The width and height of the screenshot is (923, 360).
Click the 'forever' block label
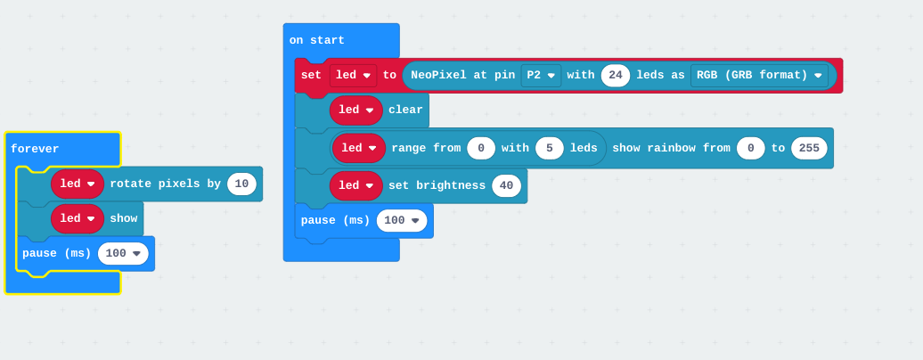tap(35, 149)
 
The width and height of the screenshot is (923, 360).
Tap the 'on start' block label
tap(316, 41)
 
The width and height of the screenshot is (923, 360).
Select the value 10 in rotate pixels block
tap(241, 184)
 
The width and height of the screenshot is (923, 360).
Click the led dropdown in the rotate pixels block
tap(78, 184)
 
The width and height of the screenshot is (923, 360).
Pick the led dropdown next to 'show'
tap(78, 218)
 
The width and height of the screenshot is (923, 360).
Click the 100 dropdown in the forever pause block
tap(123, 253)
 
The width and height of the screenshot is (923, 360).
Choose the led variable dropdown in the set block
tap(353, 76)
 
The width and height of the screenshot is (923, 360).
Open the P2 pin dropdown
tap(541, 76)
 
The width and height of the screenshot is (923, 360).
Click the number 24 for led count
tap(616, 76)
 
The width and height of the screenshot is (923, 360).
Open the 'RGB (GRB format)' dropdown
tap(759, 76)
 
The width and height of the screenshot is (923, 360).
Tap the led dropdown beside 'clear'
tap(356, 110)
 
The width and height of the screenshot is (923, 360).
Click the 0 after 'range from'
tap(481, 148)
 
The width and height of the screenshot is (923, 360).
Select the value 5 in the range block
tap(550, 148)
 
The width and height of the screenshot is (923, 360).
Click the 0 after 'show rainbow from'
tap(751, 148)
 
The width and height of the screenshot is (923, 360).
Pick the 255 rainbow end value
tap(809, 148)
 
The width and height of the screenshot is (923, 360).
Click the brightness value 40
tap(506, 185)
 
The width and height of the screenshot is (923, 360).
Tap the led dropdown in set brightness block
tap(356, 185)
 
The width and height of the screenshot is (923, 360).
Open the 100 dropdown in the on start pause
tap(402, 220)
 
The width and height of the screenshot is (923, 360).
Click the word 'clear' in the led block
tap(405, 110)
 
